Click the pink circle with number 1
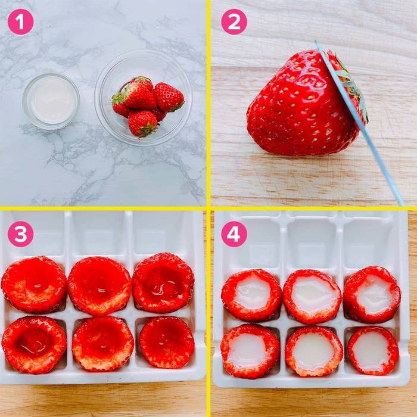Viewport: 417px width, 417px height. click(x=21, y=22)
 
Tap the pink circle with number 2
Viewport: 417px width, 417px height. click(x=234, y=22)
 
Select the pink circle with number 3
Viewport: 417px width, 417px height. click(x=21, y=234)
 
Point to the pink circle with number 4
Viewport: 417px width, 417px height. click(x=234, y=234)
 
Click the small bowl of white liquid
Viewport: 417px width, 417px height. click(x=51, y=101)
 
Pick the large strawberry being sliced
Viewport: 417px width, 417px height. click(x=303, y=104)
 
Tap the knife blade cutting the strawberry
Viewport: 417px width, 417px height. click(x=359, y=122)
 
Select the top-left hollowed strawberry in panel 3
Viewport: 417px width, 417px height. click(x=34, y=284)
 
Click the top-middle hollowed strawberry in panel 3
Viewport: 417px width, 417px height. click(x=99, y=285)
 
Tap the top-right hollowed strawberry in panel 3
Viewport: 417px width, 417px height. click(x=163, y=282)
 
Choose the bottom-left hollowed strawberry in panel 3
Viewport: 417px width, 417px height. click(x=34, y=344)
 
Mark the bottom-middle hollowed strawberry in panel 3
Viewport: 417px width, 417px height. click(x=103, y=344)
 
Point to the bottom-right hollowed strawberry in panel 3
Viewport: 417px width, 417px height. click(x=167, y=343)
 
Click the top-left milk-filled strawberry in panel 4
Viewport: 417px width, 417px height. click(x=251, y=295)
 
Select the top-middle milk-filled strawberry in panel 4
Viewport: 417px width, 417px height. click(x=312, y=297)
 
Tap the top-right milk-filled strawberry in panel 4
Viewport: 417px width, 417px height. click(x=372, y=294)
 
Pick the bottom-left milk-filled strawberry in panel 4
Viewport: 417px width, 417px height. click(x=250, y=351)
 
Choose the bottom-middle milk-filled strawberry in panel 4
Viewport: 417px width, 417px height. click(x=314, y=351)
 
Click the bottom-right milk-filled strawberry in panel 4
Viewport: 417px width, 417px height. click(x=373, y=350)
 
